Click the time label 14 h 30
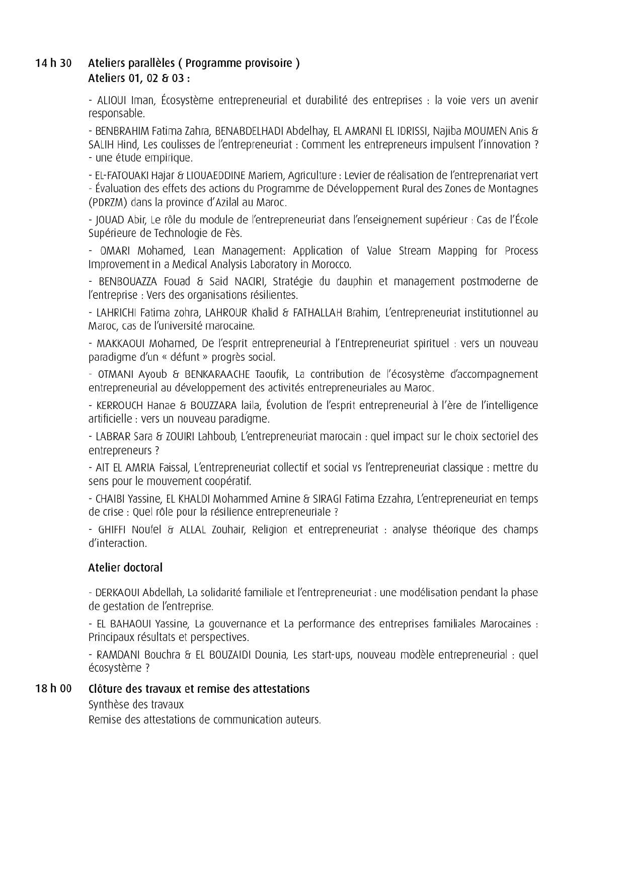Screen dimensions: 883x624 [x=53, y=63]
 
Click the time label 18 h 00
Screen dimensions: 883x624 [x=53, y=688]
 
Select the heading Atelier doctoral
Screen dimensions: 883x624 [x=125, y=568]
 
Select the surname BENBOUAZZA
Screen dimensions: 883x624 [x=128, y=282]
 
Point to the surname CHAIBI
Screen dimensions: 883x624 [x=111, y=499]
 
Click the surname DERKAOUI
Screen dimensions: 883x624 [x=118, y=593]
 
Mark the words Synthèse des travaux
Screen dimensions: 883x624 [x=136, y=704]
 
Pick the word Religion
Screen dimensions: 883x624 [x=270, y=530]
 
